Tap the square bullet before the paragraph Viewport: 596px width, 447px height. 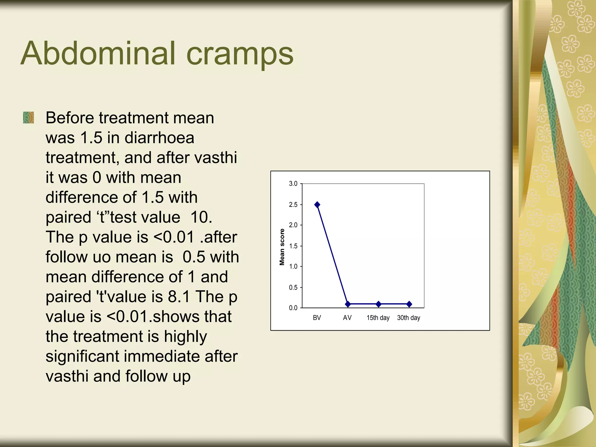(x=29, y=118)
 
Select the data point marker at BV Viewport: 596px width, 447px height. (x=317, y=205)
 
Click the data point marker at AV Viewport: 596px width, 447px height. (x=348, y=304)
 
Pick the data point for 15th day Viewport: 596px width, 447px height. (x=378, y=304)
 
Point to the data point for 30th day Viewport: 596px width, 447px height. (x=409, y=304)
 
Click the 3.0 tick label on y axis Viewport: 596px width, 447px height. (x=293, y=184)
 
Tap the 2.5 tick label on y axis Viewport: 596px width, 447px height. (x=293, y=205)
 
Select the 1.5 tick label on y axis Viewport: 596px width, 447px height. (x=293, y=246)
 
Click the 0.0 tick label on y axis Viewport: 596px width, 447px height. (x=293, y=308)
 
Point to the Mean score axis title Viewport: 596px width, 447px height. (x=282, y=247)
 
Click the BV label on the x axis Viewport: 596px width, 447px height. (x=317, y=318)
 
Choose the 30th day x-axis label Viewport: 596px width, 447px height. (x=409, y=318)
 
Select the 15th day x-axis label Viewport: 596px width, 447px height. (x=378, y=318)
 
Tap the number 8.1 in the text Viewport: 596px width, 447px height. (x=179, y=297)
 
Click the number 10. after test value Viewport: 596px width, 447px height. (x=201, y=217)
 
